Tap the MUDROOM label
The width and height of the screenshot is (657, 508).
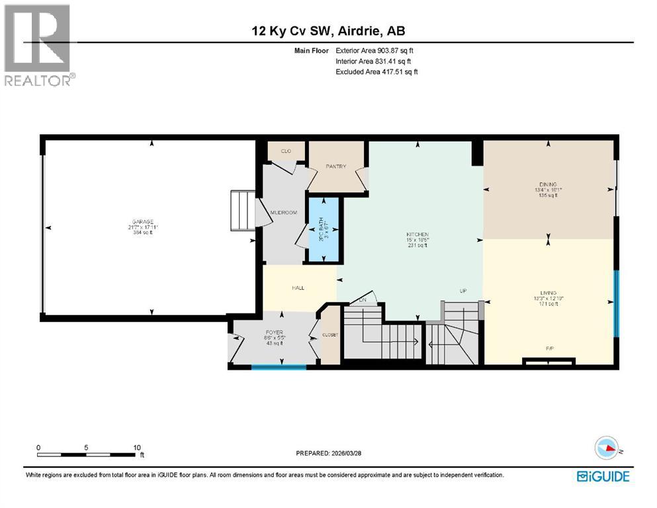[x=283, y=212]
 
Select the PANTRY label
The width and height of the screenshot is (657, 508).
[x=335, y=167]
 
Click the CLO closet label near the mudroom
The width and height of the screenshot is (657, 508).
[x=286, y=151]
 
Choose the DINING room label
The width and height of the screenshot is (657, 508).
[x=548, y=185]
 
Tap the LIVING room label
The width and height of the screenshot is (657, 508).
[x=548, y=293]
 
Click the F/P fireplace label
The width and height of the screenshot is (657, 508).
[x=548, y=347]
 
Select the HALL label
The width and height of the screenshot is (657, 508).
[x=298, y=288]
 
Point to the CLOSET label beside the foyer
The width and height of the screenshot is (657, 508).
[x=329, y=335]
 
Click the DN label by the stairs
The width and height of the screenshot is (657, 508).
[x=363, y=300]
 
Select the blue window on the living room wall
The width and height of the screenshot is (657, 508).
[x=617, y=303]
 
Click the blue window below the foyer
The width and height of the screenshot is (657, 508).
[x=279, y=366]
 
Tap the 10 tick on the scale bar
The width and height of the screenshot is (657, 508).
[x=136, y=447]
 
